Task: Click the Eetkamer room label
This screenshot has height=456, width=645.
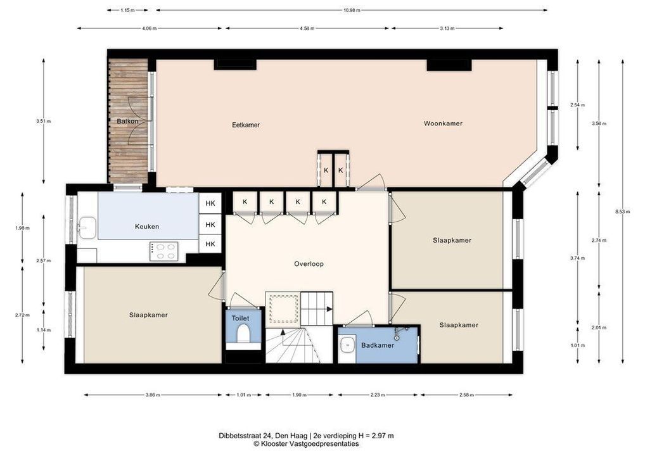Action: [x=246, y=125]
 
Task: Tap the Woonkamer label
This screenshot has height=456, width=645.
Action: [x=443, y=123]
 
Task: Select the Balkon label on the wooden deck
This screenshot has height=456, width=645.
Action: [x=127, y=122]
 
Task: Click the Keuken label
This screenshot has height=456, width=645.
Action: [x=147, y=227]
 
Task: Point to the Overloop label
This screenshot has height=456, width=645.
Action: [x=309, y=264]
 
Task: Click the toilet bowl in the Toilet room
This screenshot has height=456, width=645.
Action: [x=243, y=334]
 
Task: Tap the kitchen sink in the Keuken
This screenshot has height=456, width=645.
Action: [x=87, y=227]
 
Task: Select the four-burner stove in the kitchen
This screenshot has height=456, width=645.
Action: [x=164, y=251]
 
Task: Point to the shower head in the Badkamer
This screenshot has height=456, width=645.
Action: [x=397, y=336]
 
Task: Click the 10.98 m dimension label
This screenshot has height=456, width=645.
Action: [x=352, y=10]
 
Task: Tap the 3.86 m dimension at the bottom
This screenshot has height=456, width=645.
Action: [x=153, y=395]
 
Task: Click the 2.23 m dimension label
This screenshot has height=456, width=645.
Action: [x=378, y=395]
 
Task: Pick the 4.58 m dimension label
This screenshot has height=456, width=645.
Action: [x=307, y=28]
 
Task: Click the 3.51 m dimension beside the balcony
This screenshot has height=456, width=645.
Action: [x=44, y=122]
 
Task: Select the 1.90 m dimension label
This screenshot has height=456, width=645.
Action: [x=299, y=395]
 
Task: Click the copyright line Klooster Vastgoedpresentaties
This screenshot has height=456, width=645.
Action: [x=306, y=444]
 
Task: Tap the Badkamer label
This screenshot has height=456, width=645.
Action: [x=378, y=345]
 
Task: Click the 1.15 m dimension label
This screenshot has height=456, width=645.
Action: [x=127, y=10]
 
